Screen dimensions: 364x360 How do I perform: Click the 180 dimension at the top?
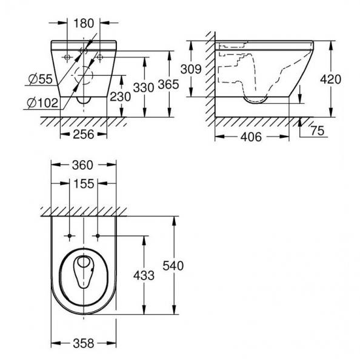coord(84,24)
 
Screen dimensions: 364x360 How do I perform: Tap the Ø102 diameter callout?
coord(43,103)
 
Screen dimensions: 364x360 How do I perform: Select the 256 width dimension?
coord(82,134)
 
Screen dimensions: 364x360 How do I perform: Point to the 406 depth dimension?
coord(250,137)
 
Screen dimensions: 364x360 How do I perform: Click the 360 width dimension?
coord(83,164)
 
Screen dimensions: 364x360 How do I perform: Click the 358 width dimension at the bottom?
coord(82,343)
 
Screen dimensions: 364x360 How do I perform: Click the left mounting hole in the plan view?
coord(70,234)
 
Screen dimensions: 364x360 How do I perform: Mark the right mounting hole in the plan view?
coord(98,234)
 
